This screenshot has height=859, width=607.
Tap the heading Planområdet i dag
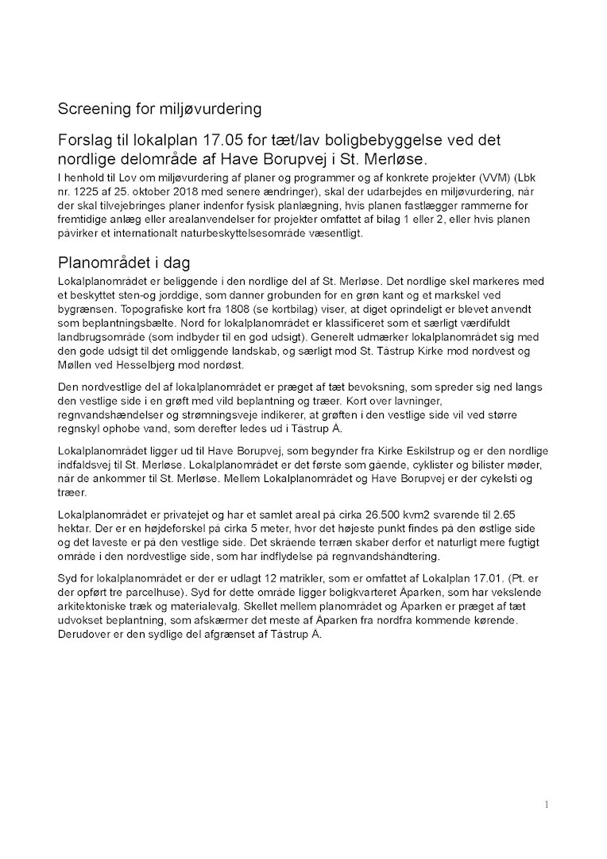(x=122, y=263)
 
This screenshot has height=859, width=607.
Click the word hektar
(x=76, y=528)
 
